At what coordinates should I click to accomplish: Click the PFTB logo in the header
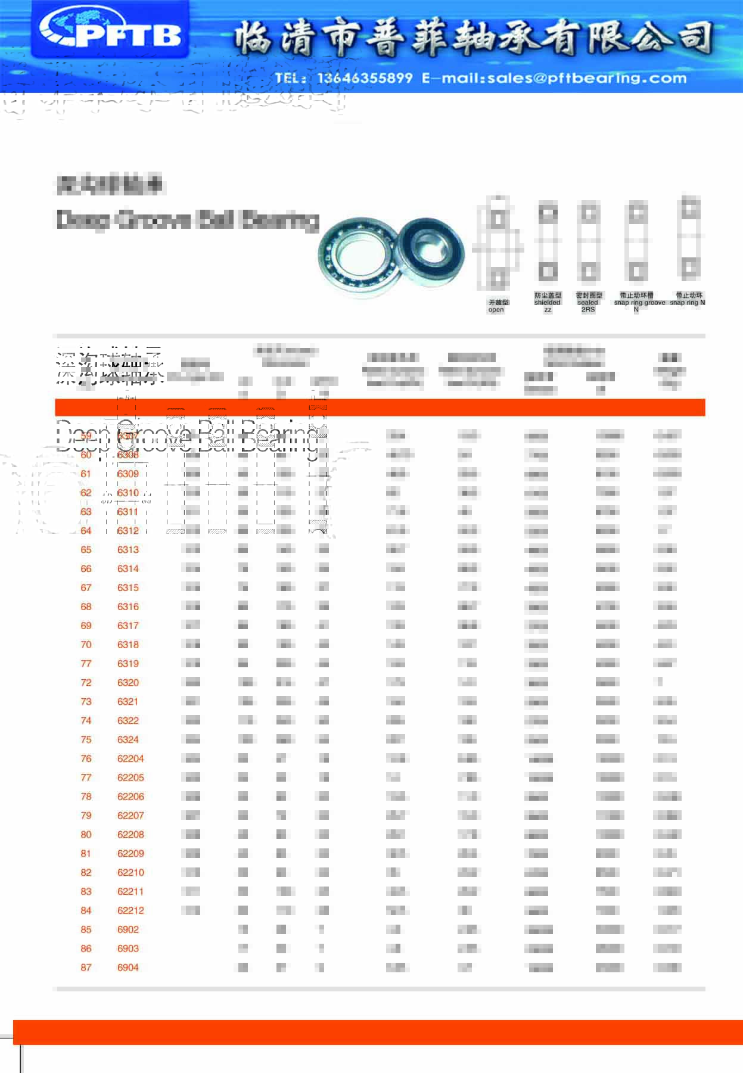coord(110,30)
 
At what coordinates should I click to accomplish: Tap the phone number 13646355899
coord(365,78)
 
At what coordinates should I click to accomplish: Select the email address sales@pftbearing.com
coord(587,78)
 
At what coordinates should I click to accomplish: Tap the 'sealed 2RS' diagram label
coord(588,302)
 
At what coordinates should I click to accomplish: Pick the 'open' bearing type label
coord(498,306)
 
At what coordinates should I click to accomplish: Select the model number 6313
coord(128,549)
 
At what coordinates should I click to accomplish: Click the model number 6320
coord(128,682)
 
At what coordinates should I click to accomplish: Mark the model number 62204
coord(130,758)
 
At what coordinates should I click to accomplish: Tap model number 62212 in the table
coord(130,910)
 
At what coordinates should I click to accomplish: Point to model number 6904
coord(128,968)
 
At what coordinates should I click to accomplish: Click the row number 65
coord(86,549)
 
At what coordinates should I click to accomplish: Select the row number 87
coord(86,968)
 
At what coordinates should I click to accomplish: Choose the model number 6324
coord(128,739)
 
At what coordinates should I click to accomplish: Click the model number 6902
coord(128,929)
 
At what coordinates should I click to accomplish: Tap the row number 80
coord(86,835)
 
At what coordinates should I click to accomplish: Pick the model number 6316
coord(128,607)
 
